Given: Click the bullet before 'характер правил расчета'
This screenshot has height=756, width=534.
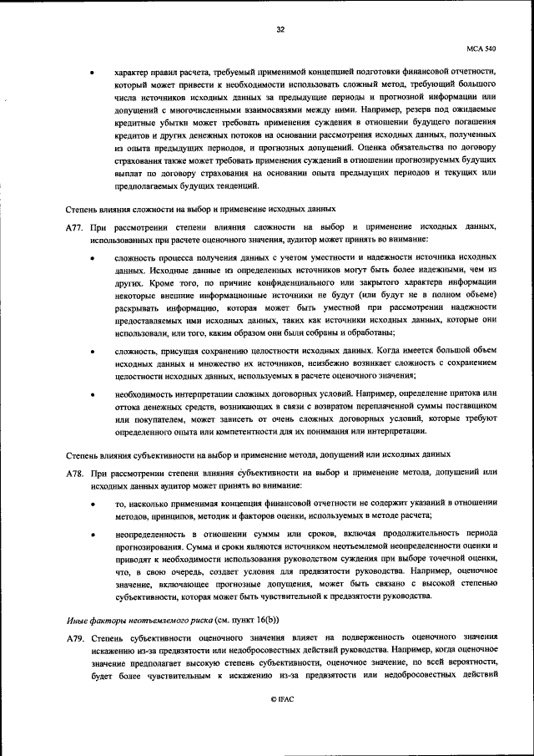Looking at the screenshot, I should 91,73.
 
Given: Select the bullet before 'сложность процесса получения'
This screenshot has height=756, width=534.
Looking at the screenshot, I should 91,259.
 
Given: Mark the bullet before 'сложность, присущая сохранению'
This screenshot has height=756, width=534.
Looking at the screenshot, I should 91,352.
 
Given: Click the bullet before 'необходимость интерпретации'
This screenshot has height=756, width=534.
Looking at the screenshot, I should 91,393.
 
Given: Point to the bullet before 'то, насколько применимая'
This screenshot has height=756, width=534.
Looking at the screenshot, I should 91,505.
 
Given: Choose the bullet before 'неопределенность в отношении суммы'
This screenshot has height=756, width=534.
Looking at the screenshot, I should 91,533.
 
